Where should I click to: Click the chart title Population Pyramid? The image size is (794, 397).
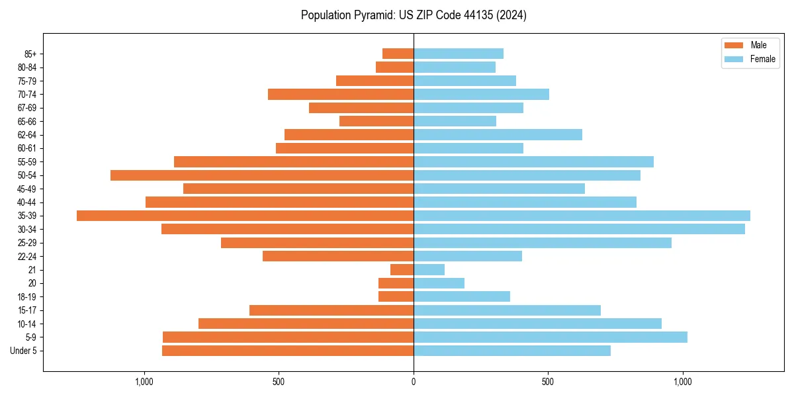pos(414,15)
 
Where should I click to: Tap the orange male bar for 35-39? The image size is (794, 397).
pos(245,216)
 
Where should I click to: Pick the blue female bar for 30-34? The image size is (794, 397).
pos(579,229)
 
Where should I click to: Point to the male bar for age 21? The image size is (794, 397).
pos(402,269)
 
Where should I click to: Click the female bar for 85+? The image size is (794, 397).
pos(459,54)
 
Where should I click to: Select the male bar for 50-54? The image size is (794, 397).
pos(262,175)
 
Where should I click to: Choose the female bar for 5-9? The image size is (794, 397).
pos(551,337)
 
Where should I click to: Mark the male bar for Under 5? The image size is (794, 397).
pos(288,351)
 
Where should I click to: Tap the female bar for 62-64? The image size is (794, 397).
pos(498,134)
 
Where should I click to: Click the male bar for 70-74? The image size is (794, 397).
pos(341,94)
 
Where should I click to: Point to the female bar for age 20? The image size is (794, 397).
pos(439,283)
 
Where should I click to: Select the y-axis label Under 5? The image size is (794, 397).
pos(23,351)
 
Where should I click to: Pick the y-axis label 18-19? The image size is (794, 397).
pos(26,296)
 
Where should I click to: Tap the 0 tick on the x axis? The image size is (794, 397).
pos(414,382)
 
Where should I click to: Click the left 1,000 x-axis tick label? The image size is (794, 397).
pos(144,382)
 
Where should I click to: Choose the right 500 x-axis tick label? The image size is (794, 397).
pos(548,382)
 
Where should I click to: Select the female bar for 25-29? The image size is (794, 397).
pos(543,243)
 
